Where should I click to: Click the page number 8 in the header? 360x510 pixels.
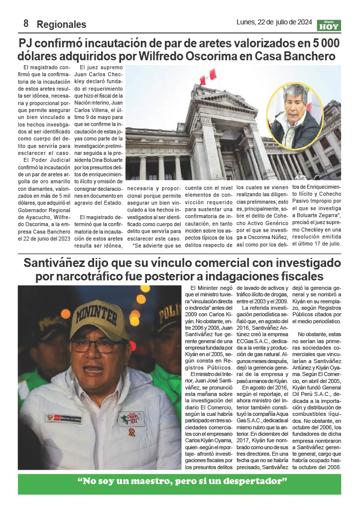25,23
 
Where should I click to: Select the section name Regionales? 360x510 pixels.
61,24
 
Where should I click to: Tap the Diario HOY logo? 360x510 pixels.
329,25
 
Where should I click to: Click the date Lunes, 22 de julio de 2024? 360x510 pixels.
274,22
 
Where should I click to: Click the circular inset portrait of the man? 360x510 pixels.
296,116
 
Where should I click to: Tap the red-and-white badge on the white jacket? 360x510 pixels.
132,432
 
